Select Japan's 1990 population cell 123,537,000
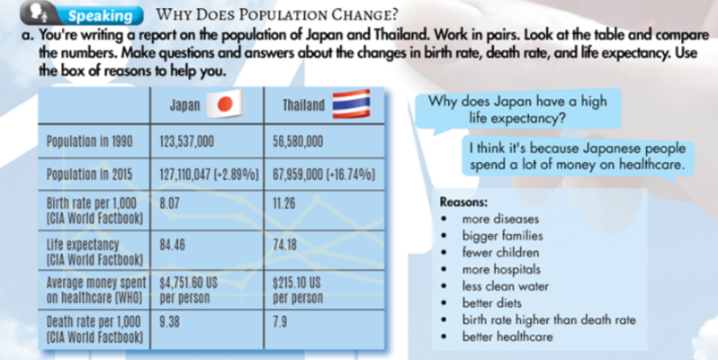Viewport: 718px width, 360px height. tap(186, 141)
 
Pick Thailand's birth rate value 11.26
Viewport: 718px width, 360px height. tap(283, 203)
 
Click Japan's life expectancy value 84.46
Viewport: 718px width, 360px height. tap(172, 243)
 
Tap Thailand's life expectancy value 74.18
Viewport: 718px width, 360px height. tap(285, 243)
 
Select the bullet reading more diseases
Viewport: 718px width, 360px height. tap(500, 220)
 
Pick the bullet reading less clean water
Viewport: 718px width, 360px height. tap(504, 286)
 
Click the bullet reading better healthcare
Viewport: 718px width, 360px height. tap(507, 337)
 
